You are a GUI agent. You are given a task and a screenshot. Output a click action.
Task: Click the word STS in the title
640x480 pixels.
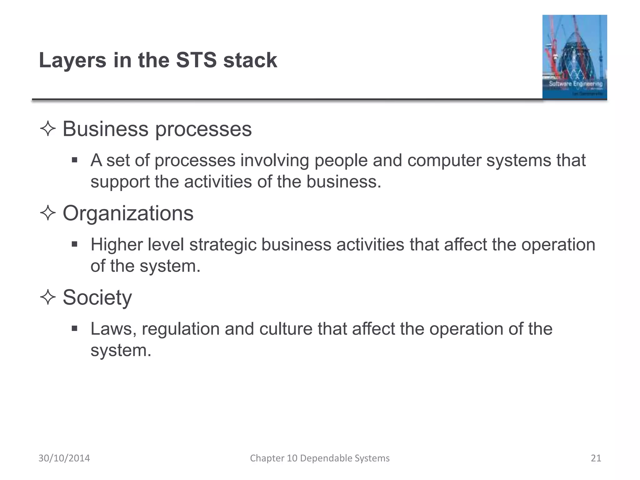point(196,60)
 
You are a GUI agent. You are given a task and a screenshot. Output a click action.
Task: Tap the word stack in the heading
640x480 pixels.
point(250,60)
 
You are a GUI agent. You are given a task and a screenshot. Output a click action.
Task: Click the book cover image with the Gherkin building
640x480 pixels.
point(574,57)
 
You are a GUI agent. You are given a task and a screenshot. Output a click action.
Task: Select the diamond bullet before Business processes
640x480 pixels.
point(48,129)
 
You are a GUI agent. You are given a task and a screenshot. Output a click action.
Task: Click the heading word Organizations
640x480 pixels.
point(128,213)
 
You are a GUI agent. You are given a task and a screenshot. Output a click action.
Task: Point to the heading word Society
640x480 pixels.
point(97,297)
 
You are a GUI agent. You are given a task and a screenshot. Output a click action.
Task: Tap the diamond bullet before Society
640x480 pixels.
point(48,297)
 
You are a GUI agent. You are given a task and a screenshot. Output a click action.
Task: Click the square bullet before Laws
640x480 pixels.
point(74,328)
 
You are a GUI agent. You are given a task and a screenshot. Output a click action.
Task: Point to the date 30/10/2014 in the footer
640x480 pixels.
point(64,458)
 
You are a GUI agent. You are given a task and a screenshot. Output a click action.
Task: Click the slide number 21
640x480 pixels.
point(596,458)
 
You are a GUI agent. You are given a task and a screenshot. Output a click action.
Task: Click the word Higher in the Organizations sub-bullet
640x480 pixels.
point(116,245)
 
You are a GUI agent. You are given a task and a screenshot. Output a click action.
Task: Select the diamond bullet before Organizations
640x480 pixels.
point(48,213)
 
